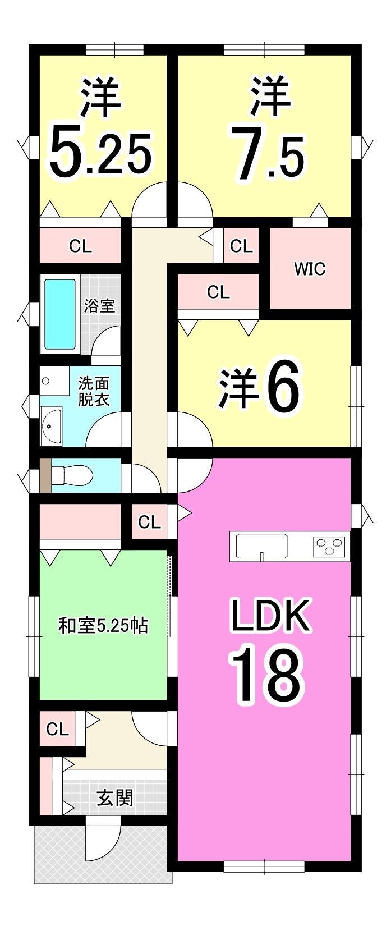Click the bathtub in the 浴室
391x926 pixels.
60,315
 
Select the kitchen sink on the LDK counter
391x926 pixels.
261,547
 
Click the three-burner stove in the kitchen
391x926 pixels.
329,545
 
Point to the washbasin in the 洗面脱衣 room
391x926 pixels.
51,425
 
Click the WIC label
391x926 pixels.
310,269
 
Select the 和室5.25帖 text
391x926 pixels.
103,626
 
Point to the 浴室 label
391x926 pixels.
99,306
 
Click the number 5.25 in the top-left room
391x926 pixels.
100,152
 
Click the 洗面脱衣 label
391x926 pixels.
94,392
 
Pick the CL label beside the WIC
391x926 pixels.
241,246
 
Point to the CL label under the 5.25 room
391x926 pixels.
80,246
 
